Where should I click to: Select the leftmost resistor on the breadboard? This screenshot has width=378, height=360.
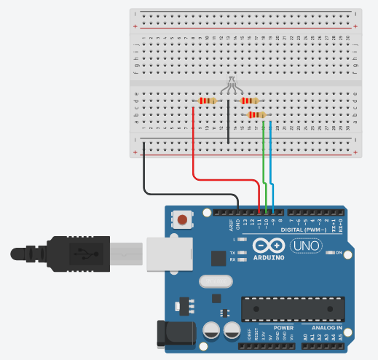pos(208,101)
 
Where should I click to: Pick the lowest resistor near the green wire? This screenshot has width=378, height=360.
pos(256,114)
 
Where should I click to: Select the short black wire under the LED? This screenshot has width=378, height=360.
pos(228,120)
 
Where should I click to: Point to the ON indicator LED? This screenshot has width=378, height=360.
pos(328,253)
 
